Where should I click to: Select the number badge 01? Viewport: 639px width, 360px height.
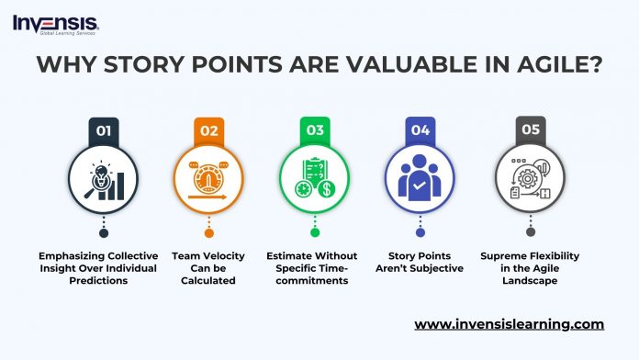click(x=105, y=130)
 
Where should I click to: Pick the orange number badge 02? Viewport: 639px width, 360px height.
click(x=210, y=130)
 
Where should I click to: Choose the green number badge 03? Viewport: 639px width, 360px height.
click(x=316, y=130)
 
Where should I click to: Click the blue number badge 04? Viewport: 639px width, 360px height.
click(x=421, y=130)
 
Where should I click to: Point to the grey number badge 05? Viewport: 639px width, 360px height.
click(x=530, y=130)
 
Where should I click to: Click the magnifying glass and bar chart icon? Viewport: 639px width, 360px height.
click(x=105, y=181)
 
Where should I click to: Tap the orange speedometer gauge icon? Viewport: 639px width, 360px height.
click(x=210, y=181)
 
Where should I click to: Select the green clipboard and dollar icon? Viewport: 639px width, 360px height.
click(x=316, y=181)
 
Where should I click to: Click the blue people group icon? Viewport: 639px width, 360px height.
click(x=421, y=181)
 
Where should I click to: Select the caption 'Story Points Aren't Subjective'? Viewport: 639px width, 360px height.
click(x=421, y=262)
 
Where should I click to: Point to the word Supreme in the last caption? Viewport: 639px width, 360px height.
click(x=501, y=255)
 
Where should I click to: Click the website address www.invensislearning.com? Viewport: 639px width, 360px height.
click(x=509, y=324)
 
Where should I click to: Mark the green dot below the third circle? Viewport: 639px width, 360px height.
click(x=316, y=232)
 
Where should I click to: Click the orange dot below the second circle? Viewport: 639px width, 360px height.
click(x=210, y=232)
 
